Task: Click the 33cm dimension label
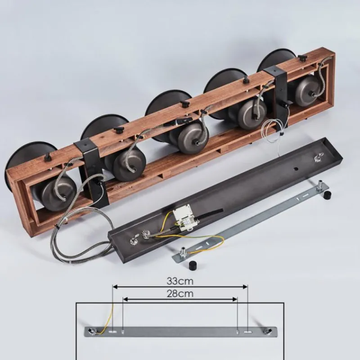180,281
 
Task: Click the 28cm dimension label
180,294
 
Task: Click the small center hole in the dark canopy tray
296,169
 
